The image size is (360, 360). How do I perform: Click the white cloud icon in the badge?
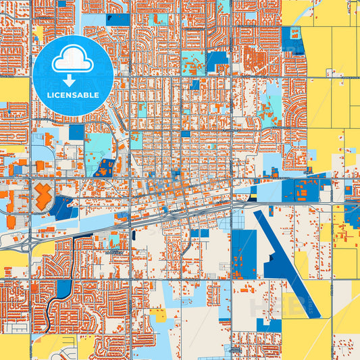(x=73, y=59)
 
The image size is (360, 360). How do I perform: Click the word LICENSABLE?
(x=73, y=95)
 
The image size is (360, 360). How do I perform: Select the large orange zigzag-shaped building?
(x=42, y=195)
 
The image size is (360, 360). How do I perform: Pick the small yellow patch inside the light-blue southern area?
(x=158, y=315)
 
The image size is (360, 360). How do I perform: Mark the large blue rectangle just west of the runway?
(x=244, y=253)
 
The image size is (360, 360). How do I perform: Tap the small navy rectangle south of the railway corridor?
(x=134, y=236)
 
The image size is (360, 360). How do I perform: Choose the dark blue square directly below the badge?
(x=76, y=132)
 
